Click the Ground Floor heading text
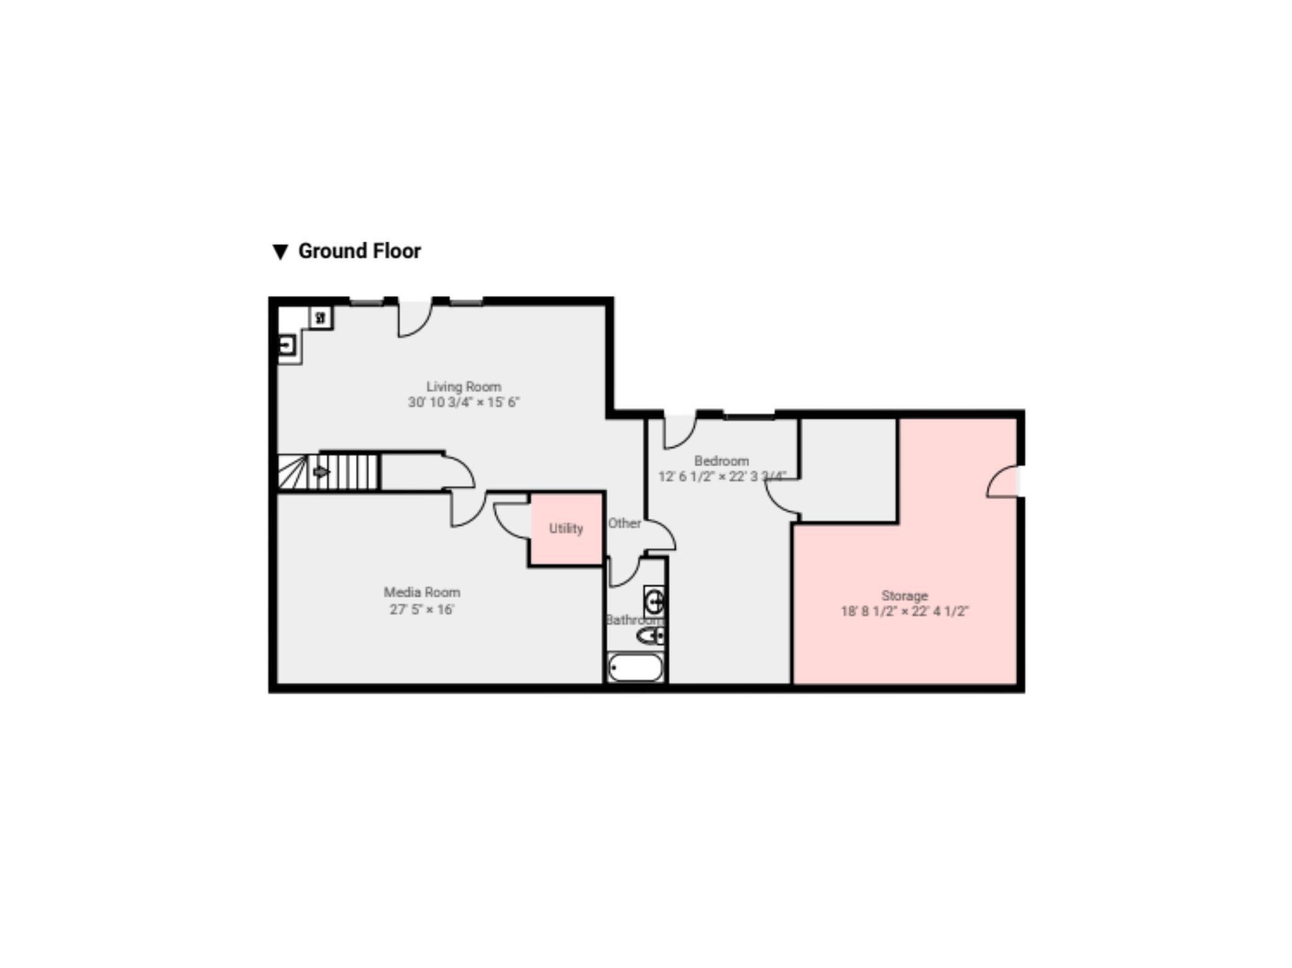(359, 251)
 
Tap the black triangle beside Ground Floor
(280, 252)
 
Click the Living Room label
(464, 386)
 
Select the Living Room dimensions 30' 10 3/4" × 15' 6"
(464, 402)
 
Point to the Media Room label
(422, 593)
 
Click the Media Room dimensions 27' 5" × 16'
(422, 609)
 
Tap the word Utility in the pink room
(566, 529)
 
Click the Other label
(625, 523)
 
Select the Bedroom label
(721, 461)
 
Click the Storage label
(905, 595)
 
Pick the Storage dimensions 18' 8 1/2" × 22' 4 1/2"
(905, 611)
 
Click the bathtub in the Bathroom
(635, 668)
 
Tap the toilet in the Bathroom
(650, 635)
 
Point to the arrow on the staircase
(321, 471)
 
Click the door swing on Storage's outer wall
(1003, 482)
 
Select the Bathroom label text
(633, 620)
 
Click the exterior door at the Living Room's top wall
(414, 319)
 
